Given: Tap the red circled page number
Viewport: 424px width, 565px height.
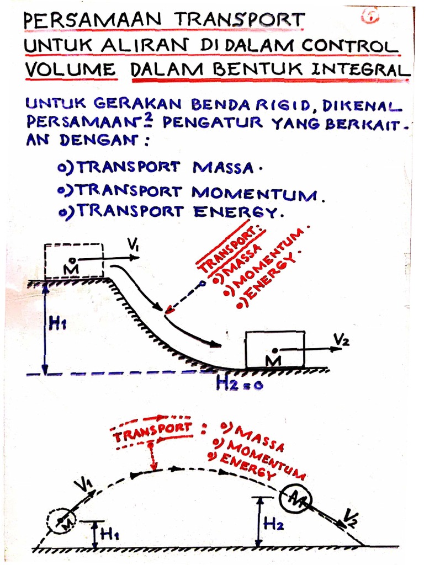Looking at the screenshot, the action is point(368,17).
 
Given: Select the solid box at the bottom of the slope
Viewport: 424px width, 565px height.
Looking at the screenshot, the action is point(274,349).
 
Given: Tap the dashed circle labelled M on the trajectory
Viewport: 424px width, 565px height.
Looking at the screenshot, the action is point(62,520).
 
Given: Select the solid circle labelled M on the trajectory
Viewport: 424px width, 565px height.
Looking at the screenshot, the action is point(295,500).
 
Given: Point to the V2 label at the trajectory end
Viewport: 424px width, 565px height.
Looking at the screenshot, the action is point(351,517).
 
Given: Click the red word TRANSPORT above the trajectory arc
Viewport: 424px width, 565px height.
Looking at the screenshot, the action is point(152,433).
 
